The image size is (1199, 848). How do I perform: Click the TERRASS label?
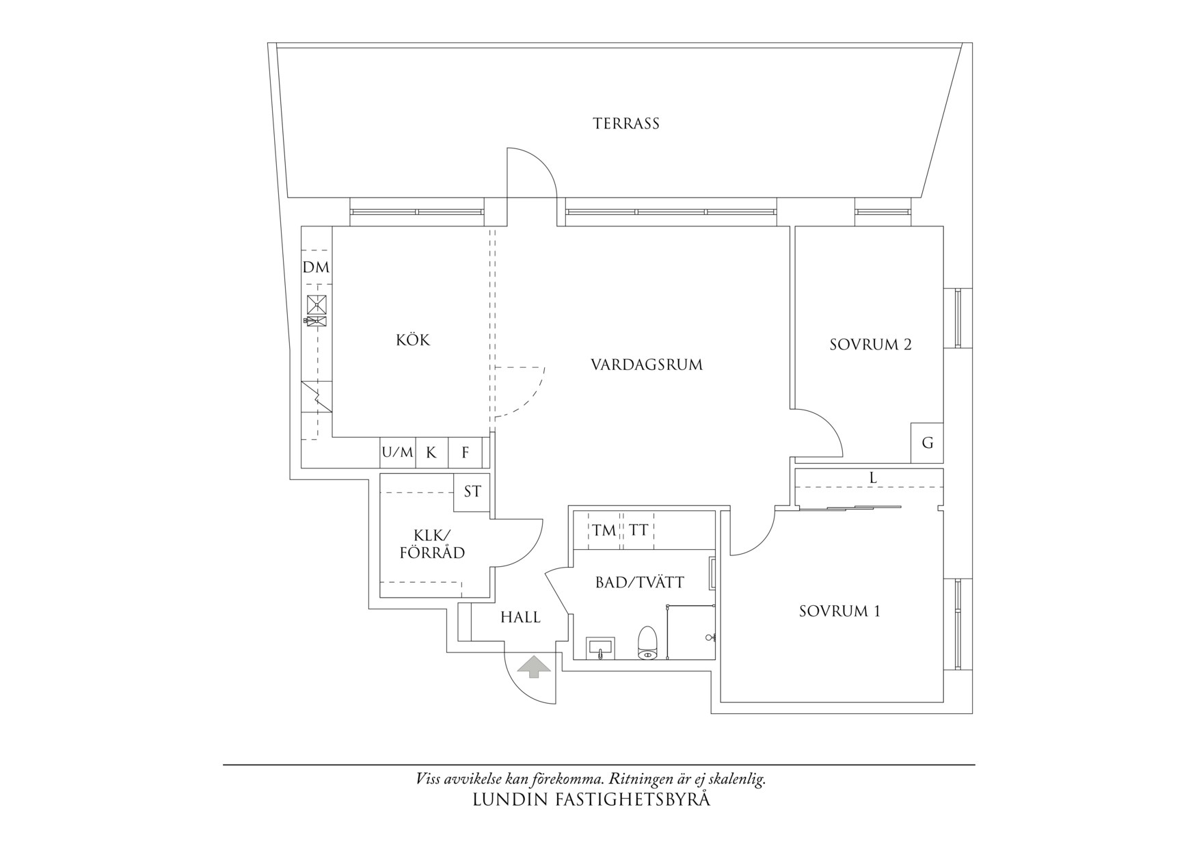[x=625, y=124]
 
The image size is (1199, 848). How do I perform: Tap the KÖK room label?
[x=413, y=340]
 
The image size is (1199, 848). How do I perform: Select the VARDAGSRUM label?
[x=646, y=365]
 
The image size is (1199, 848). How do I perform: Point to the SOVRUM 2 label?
[x=870, y=345]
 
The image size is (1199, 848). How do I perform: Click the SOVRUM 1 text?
[x=839, y=611]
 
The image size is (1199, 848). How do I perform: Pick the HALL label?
[x=520, y=618]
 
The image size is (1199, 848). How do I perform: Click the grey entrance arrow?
[x=533, y=667]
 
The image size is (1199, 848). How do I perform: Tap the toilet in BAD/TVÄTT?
[x=647, y=644]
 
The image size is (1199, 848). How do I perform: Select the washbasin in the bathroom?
[x=600, y=647]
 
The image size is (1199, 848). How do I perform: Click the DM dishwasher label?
[x=316, y=267]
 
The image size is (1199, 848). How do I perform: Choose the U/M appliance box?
[x=398, y=452]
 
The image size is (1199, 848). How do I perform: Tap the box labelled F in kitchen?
[x=466, y=452]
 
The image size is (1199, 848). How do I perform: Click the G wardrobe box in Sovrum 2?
[x=927, y=442]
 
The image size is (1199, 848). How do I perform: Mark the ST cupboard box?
[x=472, y=492]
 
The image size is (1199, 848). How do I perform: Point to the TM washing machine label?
[x=604, y=530]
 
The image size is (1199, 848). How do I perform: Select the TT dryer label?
[x=638, y=530]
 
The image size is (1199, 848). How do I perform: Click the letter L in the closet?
[x=873, y=478]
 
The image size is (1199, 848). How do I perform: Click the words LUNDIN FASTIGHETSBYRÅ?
[x=591, y=799]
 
